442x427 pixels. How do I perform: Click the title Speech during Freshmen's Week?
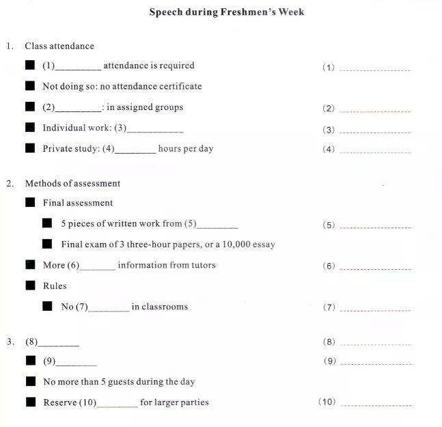click(227, 12)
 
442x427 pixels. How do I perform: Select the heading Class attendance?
click(59, 46)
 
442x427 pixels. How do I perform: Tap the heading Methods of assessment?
click(72, 183)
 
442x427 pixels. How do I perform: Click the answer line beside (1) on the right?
click(375, 70)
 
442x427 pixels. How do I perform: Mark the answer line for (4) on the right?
click(375, 152)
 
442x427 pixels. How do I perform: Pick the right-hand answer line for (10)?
click(376, 405)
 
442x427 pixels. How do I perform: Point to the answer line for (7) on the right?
click(375, 310)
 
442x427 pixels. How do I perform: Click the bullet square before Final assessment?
click(30, 202)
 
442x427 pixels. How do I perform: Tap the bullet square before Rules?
click(30, 285)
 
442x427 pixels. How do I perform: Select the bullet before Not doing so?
click(30, 86)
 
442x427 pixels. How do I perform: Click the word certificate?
click(180, 87)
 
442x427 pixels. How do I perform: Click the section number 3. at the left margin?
click(10, 342)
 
